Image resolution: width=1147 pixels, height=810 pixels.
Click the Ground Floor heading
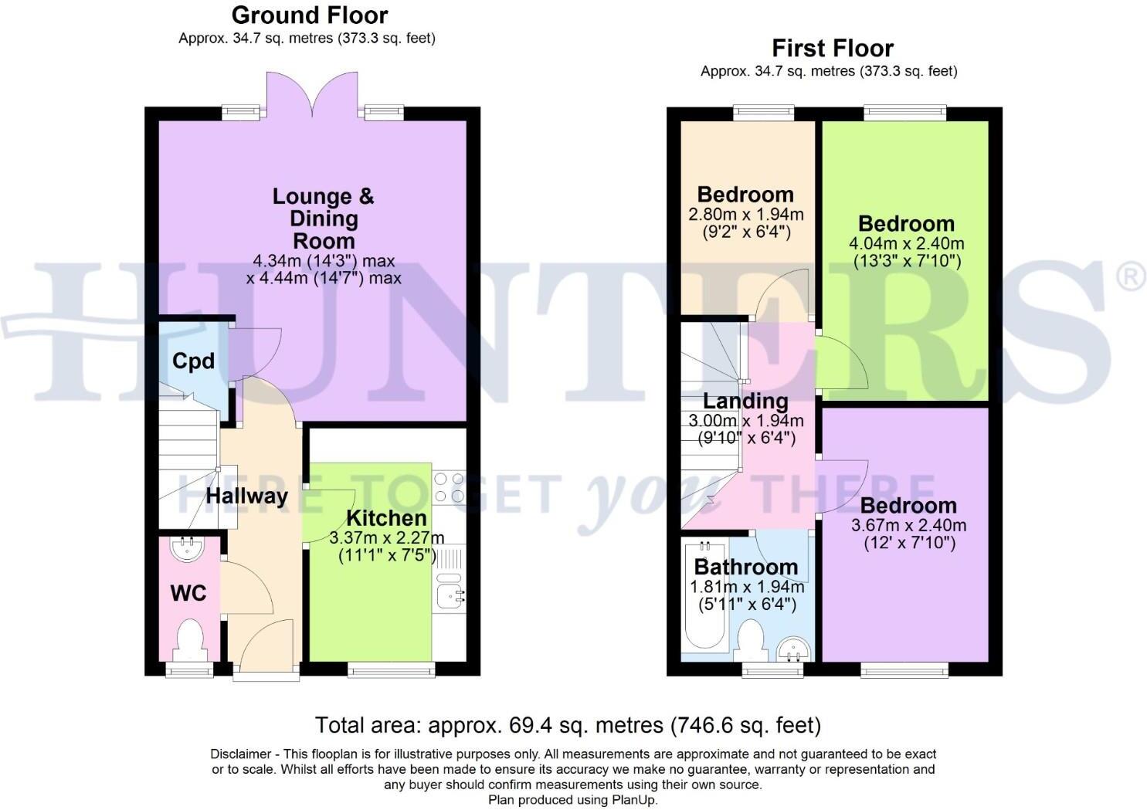tap(310, 15)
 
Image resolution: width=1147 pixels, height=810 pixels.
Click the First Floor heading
tap(833, 49)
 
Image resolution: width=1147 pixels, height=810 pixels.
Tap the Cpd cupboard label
tap(193, 361)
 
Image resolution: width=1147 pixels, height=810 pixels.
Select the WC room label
tap(188, 593)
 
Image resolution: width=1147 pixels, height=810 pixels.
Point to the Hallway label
tap(247, 496)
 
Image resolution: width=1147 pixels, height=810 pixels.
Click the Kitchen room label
tap(386, 518)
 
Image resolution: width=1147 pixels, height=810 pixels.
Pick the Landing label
tap(745, 402)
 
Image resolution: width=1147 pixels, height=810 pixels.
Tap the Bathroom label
tap(745, 567)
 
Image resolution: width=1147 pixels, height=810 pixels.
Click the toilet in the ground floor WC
tap(190, 640)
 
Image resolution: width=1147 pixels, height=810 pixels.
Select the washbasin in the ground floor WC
tap(186, 549)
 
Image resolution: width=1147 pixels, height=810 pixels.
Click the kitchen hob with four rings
tap(449, 487)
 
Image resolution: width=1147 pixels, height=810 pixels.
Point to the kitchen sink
tap(450, 595)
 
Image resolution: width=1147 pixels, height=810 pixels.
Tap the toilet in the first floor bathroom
tap(752, 640)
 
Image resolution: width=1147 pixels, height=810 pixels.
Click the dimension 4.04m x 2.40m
tap(907, 244)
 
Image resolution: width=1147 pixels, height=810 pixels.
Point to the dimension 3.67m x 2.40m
tap(908, 526)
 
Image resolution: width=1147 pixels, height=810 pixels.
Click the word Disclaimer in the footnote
tap(239, 754)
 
